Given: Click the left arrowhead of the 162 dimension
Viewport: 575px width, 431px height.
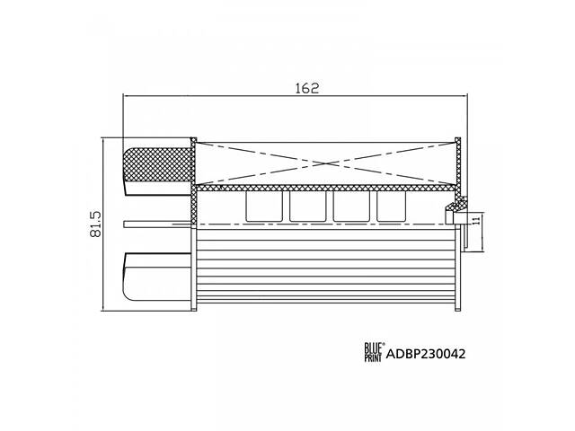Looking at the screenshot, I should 126,97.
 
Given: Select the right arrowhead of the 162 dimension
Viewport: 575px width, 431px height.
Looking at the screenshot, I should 461,97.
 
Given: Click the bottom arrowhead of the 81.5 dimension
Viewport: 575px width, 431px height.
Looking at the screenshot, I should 105,308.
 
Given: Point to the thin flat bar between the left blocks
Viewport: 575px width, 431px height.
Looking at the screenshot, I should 158,223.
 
